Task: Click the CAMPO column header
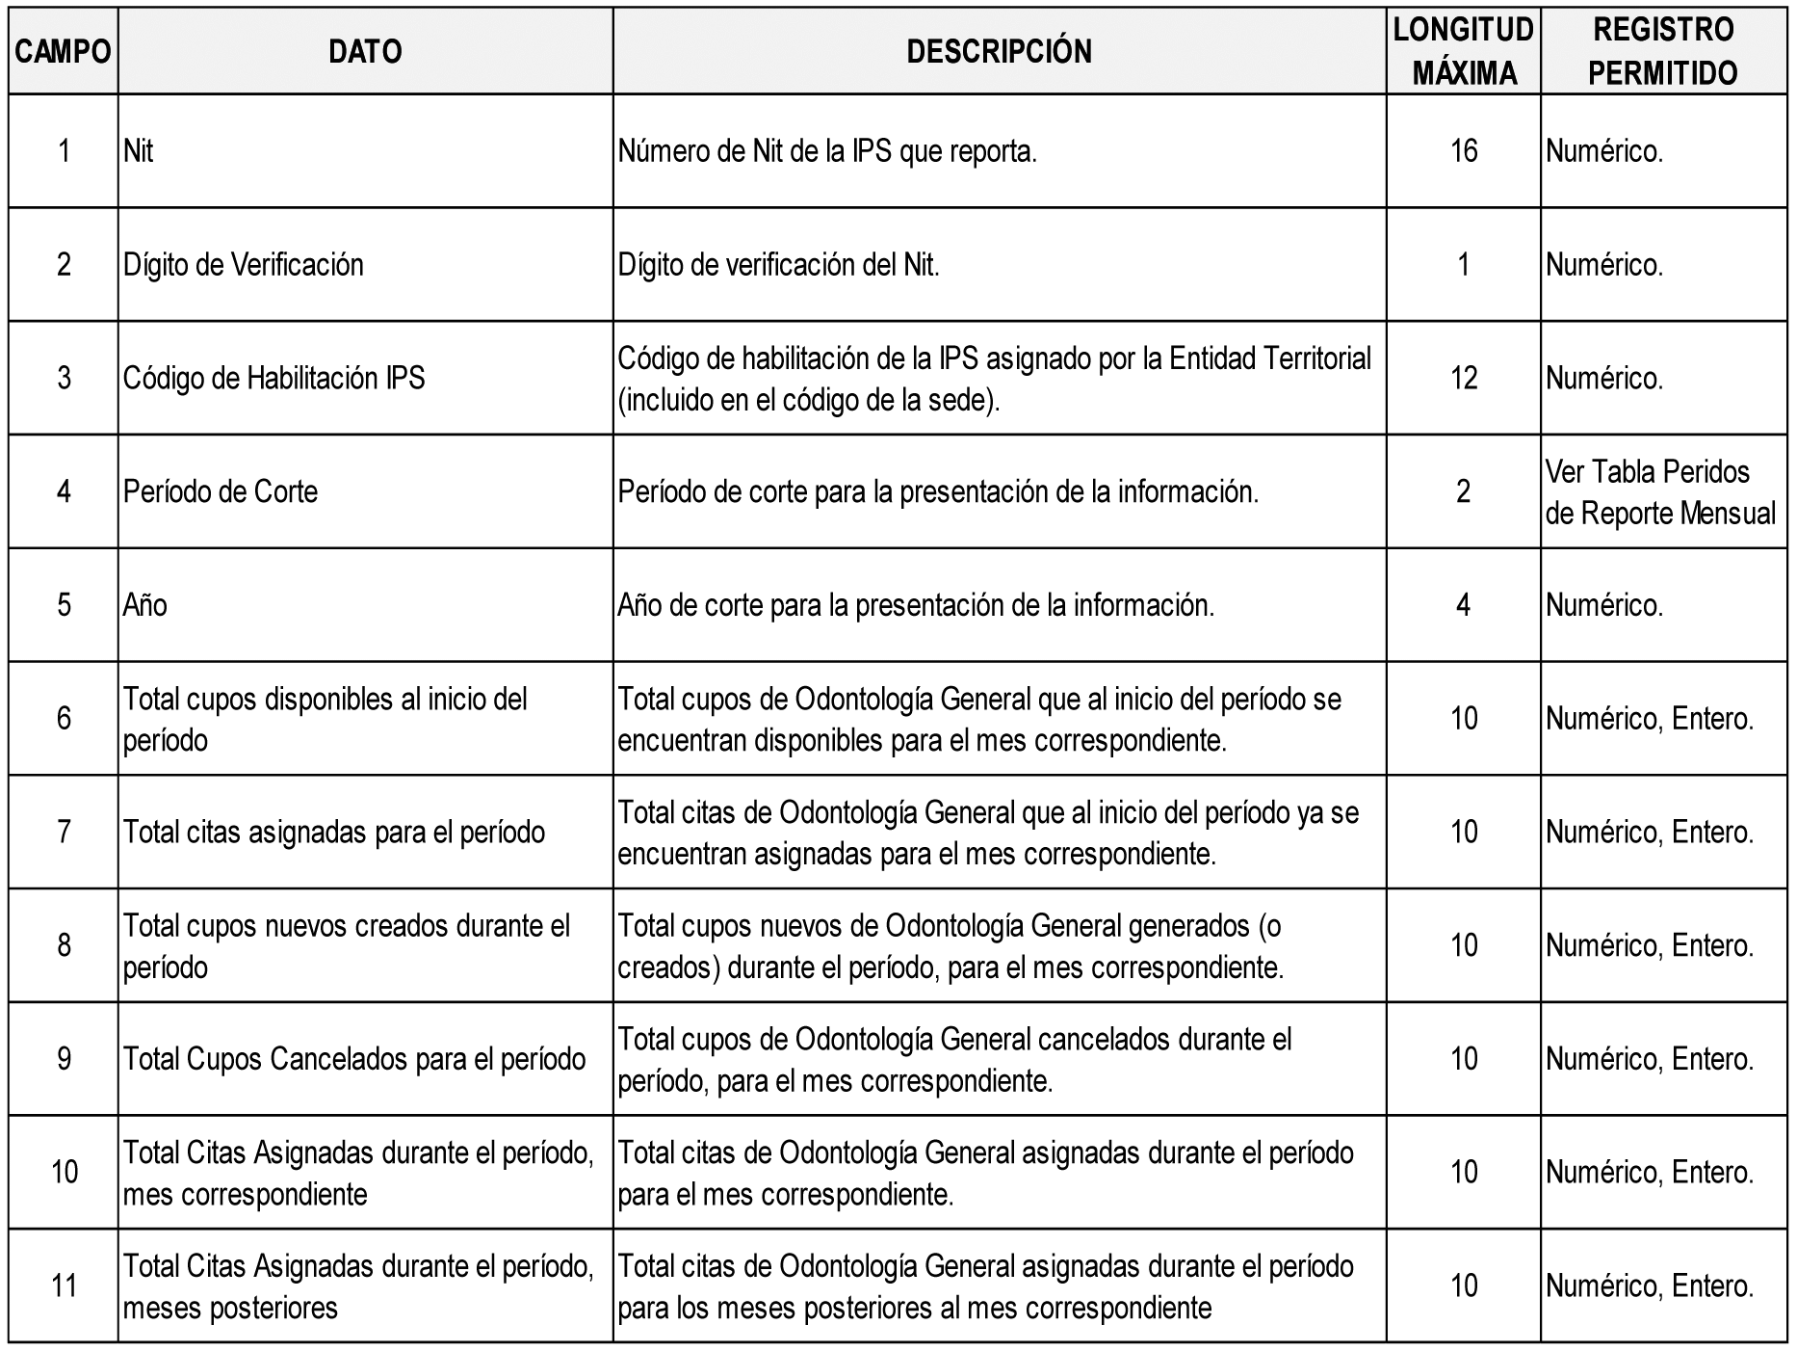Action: [63, 52]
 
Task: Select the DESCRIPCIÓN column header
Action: [999, 52]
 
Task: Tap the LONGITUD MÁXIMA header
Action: [1463, 52]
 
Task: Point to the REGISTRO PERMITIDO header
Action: [1663, 52]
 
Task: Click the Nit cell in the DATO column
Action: [139, 151]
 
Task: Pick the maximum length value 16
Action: [1463, 151]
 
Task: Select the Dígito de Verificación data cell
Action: [244, 265]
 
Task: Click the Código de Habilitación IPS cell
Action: [274, 378]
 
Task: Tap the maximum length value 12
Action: [1463, 378]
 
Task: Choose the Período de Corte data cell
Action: [221, 491]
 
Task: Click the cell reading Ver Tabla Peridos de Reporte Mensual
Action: [1660, 492]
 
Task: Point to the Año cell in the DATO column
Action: [145, 605]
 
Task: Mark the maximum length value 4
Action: [1463, 605]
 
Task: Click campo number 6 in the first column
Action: [64, 718]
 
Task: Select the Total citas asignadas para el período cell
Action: [334, 832]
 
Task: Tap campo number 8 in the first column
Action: [64, 945]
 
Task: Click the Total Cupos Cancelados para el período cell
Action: [354, 1059]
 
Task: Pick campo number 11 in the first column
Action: [64, 1285]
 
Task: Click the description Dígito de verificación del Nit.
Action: [778, 265]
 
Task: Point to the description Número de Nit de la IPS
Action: [827, 151]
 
